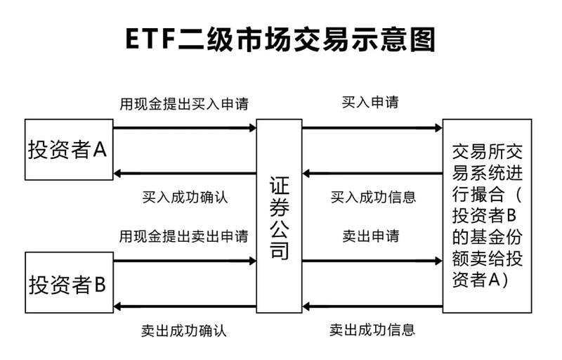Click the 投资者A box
coord(67,149)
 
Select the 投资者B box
coord(67,285)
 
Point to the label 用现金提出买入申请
coord(183,104)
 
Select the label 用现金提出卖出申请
coord(183,236)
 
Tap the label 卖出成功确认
coord(185,329)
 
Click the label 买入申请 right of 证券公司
coord(370,103)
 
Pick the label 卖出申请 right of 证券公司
coord(370,236)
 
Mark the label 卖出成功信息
coord(372,328)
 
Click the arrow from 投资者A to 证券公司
coord(184,128)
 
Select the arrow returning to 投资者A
coord(184,173)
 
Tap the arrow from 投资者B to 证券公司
coord(184,261)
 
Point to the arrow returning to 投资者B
coord(184,306)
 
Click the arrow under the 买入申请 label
coord(372,128)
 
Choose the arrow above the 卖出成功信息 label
coord(372,306)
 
